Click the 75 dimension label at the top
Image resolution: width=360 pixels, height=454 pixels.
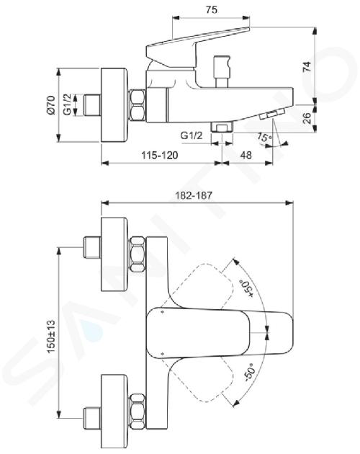[x=212, y=9]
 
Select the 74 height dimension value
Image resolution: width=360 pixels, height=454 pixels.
[x=307, y=67]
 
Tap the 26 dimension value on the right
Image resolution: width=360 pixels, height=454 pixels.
[x=307, y=118]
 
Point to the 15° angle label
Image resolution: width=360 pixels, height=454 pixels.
[x=264, y=138]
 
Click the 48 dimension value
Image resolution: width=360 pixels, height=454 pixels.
[x=246, y=155]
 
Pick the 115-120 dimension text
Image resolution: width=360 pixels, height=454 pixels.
[x=159, y=155]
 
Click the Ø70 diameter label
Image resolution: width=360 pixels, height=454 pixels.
[x=51, y=104]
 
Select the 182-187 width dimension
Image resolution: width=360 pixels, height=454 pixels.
[x=194, y=195]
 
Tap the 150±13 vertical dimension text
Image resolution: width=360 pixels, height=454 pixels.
[x=51, y=337]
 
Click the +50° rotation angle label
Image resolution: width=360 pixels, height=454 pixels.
[x=246, y=288]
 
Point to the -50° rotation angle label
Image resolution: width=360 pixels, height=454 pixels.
[x=249, y=373]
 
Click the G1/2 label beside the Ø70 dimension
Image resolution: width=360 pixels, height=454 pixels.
[x=67, y=104]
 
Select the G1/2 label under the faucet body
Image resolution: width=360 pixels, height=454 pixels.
[x=192, y=135]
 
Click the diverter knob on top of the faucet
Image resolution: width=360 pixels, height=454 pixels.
[x=222, y=71]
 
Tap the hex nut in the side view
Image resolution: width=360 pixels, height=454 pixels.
[x=137, y=105]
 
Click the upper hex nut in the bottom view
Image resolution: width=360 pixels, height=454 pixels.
[x=138, y=254]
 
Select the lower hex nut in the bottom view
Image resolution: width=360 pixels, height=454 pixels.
[x=138, y=411]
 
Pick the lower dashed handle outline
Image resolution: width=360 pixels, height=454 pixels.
[x=198, y=378]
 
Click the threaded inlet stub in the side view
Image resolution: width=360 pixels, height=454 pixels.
[x=92, y=104]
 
